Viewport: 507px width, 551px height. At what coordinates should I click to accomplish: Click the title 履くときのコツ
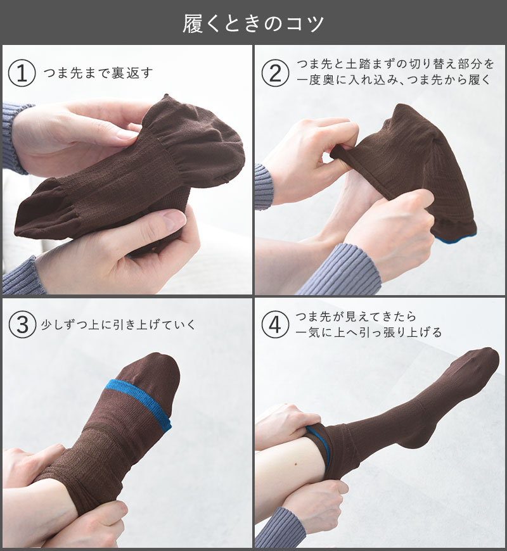pos(253,23)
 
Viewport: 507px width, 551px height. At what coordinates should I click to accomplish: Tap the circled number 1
pos(22,73)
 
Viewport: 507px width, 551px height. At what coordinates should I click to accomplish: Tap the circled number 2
pos(275,73)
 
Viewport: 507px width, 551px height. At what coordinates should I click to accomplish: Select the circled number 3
pos(22,324)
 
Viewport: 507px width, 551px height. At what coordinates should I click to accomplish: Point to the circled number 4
pos(275,324)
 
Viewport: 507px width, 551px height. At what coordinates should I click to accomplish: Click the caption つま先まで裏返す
pos(98,73)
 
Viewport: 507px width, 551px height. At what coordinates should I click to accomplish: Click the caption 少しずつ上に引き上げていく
pos(118,324)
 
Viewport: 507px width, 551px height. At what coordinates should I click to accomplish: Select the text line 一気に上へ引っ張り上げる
pos(368,332)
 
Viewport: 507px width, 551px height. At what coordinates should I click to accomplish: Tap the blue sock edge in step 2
pos(457,238)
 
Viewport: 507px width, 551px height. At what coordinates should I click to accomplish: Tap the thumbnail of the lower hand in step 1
pos(174,218)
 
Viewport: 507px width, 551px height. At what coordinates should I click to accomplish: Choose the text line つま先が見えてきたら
pos(356,317)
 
